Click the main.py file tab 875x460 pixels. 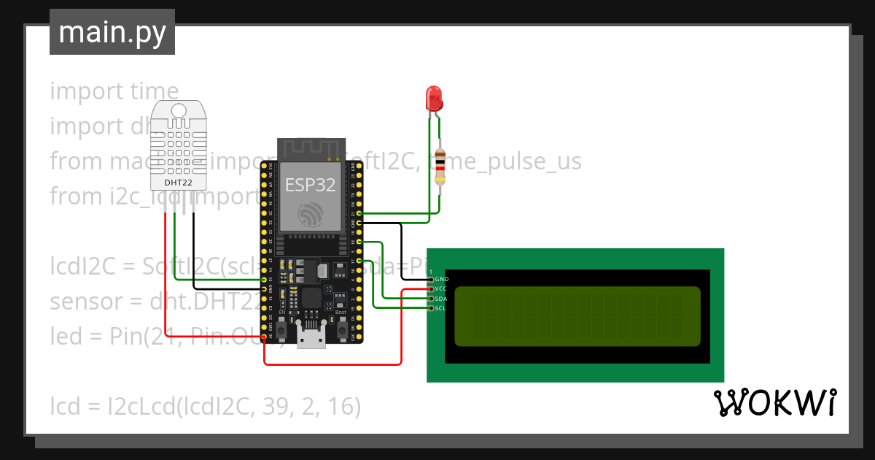click(x=112, y=33)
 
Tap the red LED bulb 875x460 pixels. click(x=433, y=97)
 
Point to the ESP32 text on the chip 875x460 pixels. click(x=310, y=185)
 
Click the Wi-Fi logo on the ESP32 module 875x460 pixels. click(x=311, y=215)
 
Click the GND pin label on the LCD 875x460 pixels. click(x=441, y=280)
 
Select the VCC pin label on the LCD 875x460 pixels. click(x=440, y=289)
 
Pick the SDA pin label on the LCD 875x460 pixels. click(x=440, y=299)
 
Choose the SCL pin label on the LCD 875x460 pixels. click(x=440, y=308)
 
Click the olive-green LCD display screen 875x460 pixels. click(x=577, y=315)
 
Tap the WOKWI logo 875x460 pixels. click(x=774, y=403)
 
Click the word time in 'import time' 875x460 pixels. click(x=154, y=91)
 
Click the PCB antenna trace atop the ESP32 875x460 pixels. click(x=311, y=150)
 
